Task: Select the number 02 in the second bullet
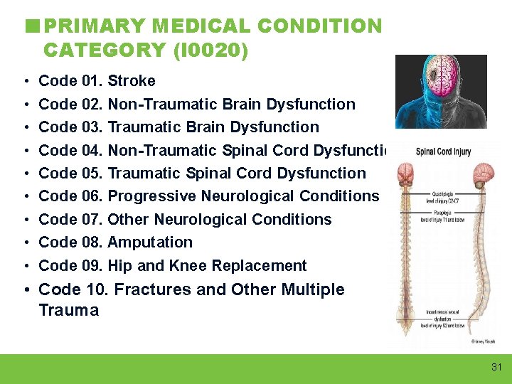point(92,105)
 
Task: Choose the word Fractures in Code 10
point(151,290)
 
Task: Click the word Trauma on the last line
point(68,311)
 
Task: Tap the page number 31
point(496,367)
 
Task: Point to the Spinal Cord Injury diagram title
point(443,151)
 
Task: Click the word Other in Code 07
point(127,220)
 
